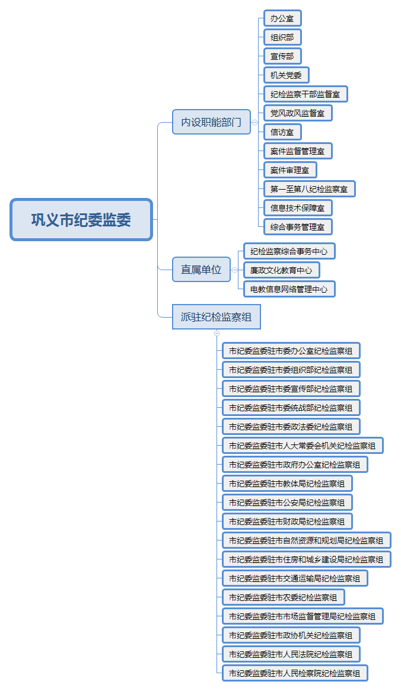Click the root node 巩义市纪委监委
click(81, 219)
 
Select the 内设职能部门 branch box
click(211, 122)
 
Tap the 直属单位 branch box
click(201, 269)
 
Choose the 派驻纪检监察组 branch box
click(216, 317)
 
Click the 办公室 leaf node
click(282, 18)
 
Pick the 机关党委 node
click(287, 75)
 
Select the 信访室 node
click(282, 132)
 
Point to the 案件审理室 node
click(290, 170)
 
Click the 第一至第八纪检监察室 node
click(309, 189)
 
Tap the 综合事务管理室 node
click(298, 227)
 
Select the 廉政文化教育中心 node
click(281, 270)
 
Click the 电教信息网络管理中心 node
click(289, 289)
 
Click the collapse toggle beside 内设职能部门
click(254, 123)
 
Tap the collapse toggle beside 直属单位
click(234, 270)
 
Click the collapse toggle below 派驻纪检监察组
click(217, 333)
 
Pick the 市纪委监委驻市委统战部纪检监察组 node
click(291, 408)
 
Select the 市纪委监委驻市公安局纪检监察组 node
click(287, 503)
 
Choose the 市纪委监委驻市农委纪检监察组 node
click(283, 597)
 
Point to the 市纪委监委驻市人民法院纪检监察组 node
click(291, 654)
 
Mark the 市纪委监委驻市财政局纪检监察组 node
click(287, 522)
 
